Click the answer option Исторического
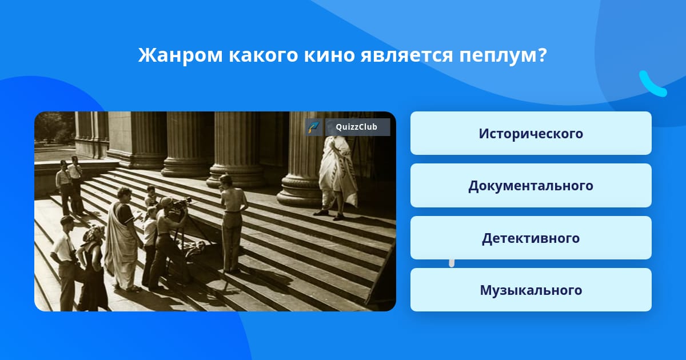(x=531, y=133)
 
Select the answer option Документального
(x=531, y=186)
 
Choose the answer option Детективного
(x=531, y=238)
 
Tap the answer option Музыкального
(x=531, y=290)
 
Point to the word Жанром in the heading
(x=180, y=55)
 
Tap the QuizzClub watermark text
(x=356, y=127)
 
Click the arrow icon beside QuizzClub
(x=313, y=127)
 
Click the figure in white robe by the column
(x=337, y=178)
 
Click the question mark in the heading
(x=541, y=55)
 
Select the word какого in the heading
(x=263, y=56)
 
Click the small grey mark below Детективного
(x=452, y=263)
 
